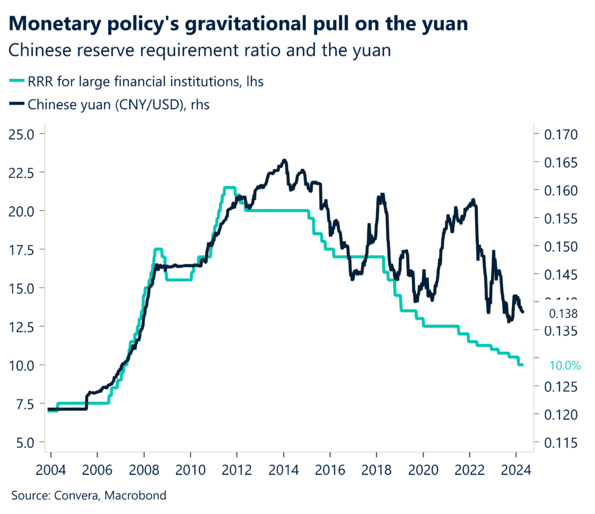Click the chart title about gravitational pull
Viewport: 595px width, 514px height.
239,24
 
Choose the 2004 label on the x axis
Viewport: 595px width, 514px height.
51,469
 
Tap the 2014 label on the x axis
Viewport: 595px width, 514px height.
284,469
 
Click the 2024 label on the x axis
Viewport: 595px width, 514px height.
515,469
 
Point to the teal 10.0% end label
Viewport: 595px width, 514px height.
565,365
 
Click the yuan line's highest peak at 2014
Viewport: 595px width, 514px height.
284,160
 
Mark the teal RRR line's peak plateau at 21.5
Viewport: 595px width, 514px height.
230,188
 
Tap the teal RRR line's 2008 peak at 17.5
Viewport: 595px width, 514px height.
157,250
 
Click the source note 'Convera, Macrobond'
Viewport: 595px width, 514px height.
89,495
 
